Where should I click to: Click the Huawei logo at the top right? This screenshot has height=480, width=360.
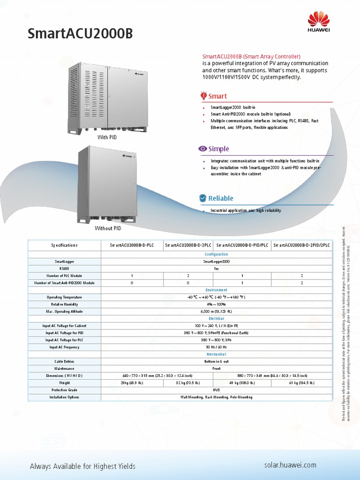click(x=319, y=23)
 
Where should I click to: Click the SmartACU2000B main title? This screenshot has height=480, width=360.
click(x=80, y=34)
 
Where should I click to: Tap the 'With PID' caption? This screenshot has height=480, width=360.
click(x=107, y=137)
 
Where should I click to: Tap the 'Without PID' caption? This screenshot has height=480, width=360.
click(x=108, y=228)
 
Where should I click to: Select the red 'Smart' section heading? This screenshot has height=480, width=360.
click(x=217, y=96)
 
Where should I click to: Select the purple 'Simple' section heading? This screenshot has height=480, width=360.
click(x=218, y=149)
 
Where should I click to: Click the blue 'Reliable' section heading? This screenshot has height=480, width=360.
click(x=220, y=198)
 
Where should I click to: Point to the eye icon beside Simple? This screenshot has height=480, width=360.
click(x=202, y=149)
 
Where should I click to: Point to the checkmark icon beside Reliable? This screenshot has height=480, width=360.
click(x=202, y=198)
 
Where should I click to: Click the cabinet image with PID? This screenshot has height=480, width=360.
click(x=108, y=97)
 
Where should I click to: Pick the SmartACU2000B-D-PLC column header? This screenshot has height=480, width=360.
click(x=132, y=245)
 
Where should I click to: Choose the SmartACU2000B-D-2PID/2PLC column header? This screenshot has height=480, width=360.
click(x=301, y=245)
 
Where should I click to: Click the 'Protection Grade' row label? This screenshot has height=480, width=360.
click(x=65, y=390)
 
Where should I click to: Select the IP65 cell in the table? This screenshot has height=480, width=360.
click(x=216, y=390)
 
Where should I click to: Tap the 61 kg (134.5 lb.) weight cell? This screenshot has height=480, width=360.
click(x=301, y=383)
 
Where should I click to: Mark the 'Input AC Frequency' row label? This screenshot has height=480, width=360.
click(x=65, y=347)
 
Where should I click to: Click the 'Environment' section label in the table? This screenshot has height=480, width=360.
click(x=216, y=290)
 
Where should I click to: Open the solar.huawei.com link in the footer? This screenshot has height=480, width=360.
click(x=290, y=465)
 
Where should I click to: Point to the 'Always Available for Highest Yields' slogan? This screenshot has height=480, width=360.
click(x=82, y=466)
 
